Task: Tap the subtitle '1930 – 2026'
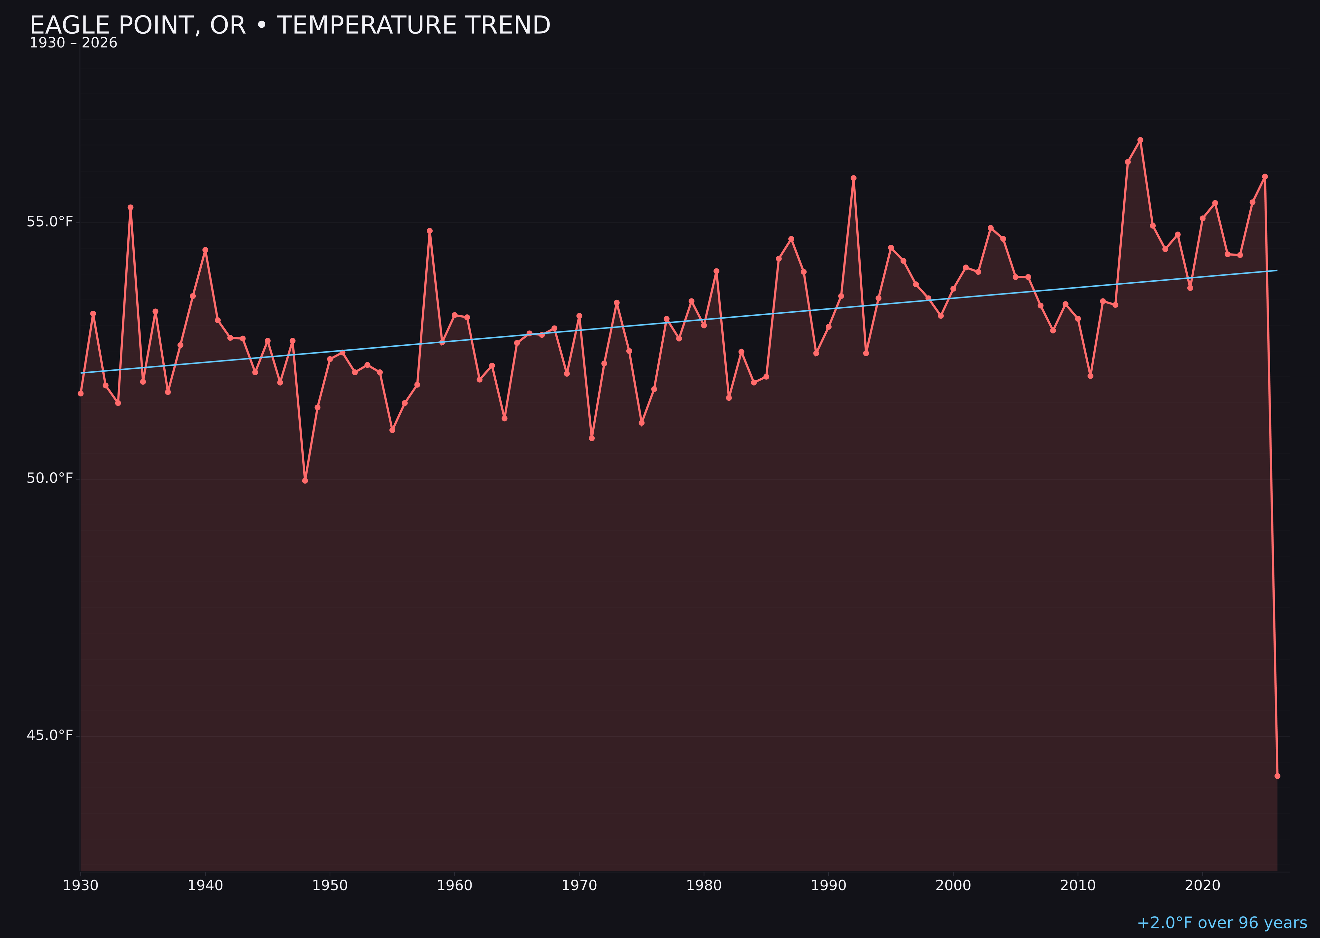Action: (73, 43)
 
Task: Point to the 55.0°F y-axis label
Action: (50, 222)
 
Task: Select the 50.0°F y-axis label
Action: (50, 478)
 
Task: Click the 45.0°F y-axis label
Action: (50, 735)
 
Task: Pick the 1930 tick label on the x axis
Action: (81, 886)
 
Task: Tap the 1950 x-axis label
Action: (330, 886)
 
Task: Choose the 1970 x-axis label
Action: (579, 886)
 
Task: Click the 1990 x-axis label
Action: (829, 886)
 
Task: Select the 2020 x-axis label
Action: (1203, 886)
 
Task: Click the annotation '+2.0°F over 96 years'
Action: (1222, 923)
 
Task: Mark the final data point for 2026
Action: (1277, 776)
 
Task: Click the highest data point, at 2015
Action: (1140, 140)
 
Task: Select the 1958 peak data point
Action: (429, 231)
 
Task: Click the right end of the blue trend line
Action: (1277, 270)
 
